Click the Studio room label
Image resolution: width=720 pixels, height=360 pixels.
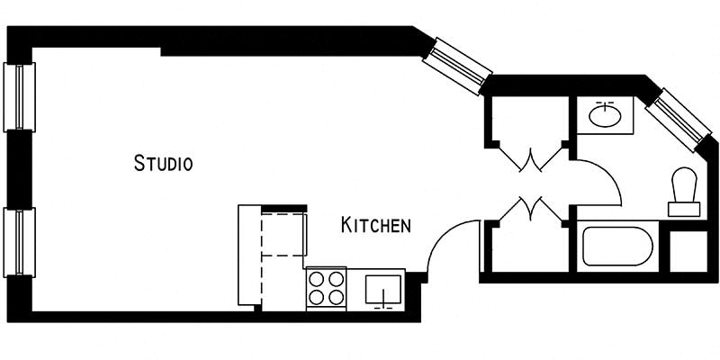point(164,163)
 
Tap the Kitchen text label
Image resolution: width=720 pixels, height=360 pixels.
point(375,225)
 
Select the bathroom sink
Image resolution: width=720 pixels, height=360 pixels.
point(604,115)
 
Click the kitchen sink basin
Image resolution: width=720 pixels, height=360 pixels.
point(385,290)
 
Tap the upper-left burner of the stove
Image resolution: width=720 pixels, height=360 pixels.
point(317,280)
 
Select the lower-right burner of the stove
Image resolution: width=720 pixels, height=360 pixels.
point(336,299)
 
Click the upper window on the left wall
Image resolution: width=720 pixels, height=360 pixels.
point(19,96)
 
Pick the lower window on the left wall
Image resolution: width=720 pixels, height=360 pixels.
point(19,242)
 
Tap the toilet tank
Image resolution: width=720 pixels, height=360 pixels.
point(684,209)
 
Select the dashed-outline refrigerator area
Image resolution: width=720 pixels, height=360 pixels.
point(283,235)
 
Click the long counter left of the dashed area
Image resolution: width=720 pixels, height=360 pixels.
point(248,256)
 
